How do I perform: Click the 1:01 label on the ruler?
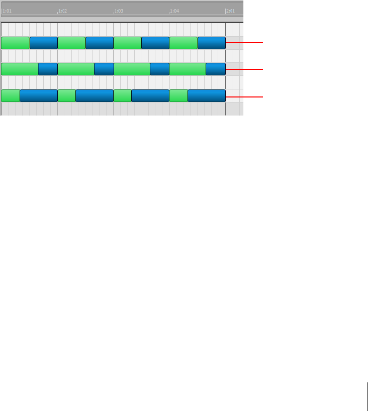click(x=7, y=11)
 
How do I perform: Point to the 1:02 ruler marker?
click(x=63, y=11)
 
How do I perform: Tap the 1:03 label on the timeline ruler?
click(x=119, y=11)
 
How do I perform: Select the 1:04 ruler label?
click(x=174, y=11)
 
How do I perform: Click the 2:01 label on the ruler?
click(x=231, y=11)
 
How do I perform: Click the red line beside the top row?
click(x=244, y=43)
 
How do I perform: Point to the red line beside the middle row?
click(x=244, y=69)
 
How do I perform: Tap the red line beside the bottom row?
click(x=244, y=95)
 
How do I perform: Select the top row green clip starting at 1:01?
click(x=15, y=43)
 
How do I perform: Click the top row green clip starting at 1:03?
click(x=127, y=43)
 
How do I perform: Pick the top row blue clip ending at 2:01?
click(x=211, y=43)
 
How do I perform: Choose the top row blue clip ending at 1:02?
click(x=44, y=43)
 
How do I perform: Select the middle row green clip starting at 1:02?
click(x=76, y=69)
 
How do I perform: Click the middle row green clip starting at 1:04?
click(x=188, y=69)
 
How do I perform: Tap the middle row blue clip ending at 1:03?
click(x=104, y=69)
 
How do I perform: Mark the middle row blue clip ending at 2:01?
click(x=216, y=69)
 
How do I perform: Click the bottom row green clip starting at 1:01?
click(x=11, y=95)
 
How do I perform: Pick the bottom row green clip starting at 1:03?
click(x=123, y=95)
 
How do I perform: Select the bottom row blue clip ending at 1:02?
click(x=39, y=95)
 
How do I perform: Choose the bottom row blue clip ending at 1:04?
click(x=150, y=95)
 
